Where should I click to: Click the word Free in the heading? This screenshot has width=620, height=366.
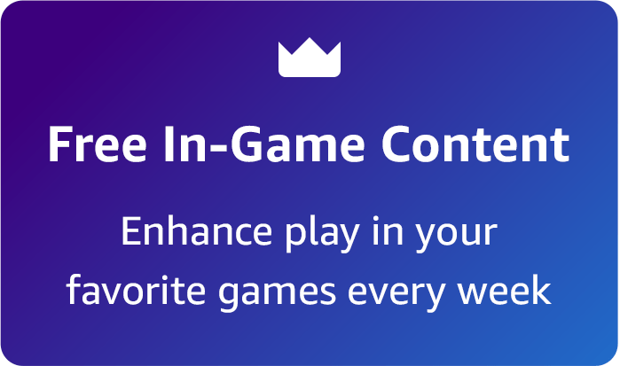(92, 144)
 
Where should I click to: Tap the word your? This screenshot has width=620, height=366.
(460, 236)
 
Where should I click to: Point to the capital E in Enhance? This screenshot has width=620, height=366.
(129, 232)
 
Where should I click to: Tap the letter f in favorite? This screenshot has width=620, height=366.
(75, 290)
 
